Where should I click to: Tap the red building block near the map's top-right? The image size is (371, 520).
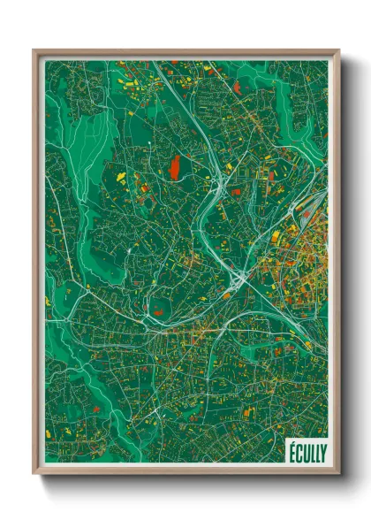pos(238,87)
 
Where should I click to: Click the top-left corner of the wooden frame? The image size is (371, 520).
pos(34,51)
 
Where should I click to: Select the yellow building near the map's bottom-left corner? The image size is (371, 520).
pos(49,434)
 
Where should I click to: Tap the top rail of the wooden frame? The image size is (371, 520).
pos(185,52)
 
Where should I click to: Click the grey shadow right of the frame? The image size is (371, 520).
pos(346,265)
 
